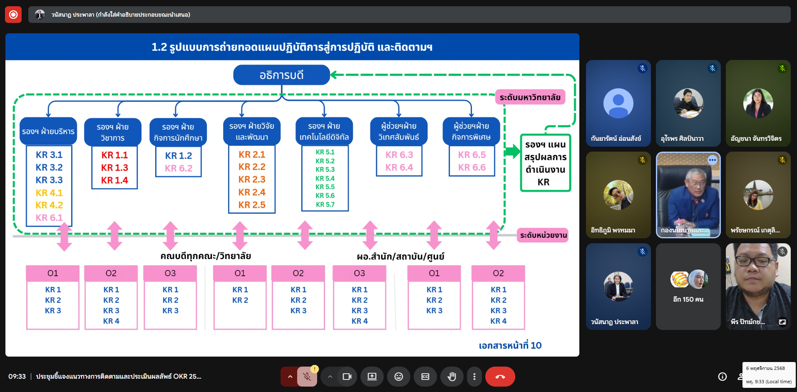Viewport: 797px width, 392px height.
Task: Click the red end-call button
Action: [x=500, y=377]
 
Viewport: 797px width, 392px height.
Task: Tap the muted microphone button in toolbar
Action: [x=307, y=377]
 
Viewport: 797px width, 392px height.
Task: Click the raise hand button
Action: [x=452, y=377]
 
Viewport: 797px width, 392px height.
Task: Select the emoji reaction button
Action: [x=398, y=377]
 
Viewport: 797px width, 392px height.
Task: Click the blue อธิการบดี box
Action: [x=281, y=75]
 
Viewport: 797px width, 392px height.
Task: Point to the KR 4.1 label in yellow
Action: [x=49, y=193]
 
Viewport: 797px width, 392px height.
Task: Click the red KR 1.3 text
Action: [x=114, y=167]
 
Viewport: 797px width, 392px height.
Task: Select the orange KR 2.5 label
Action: [x=252, y=205]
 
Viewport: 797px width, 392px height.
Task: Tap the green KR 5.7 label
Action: [x=325, y=205]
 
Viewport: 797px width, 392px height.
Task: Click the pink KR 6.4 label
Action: [x=399, y=167]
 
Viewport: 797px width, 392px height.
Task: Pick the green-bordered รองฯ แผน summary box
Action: [x=545, y=163]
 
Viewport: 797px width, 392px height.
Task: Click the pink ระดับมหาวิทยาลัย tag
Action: [x=530, y=97]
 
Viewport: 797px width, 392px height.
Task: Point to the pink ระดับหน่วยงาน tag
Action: [x=543, y=235]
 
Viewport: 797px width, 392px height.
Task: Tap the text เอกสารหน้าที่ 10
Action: [x=510, y=345]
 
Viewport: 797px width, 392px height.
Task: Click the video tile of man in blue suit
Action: [x=688, y=195]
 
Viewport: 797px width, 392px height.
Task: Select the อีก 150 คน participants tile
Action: [x=688, y=287]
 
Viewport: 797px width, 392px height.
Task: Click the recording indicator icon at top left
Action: [x=13, y=15]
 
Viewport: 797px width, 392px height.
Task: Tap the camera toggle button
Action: [x=347, y=377]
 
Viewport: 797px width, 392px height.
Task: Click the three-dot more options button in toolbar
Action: [x=474, y=377]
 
